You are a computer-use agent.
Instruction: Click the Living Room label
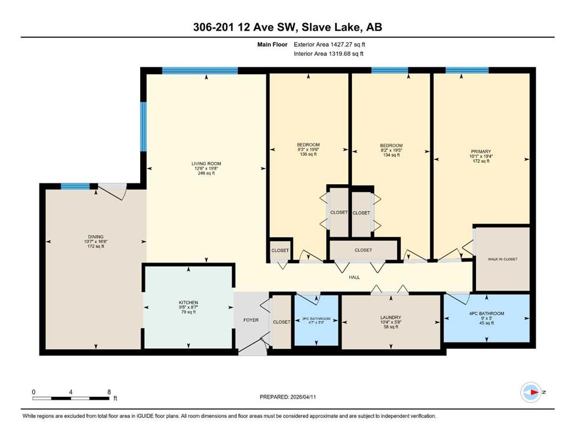point(206,163)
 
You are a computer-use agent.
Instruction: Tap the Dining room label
point(96,236)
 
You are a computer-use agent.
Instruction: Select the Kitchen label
point(189,302)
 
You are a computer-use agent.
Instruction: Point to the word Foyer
point(251,320)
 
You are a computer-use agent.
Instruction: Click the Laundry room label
point(390,318)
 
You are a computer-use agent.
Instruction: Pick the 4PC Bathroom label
point(486,313)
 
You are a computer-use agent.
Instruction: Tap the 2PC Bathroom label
point(316,319)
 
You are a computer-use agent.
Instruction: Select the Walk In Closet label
point(503,259)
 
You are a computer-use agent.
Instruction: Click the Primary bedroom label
point(481,151)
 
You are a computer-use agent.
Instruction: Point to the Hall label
point(354,278)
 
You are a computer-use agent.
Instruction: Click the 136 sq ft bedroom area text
point(308,155)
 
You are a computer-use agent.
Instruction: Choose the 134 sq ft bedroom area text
point(391,155)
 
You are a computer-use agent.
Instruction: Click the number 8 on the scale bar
point(109,392)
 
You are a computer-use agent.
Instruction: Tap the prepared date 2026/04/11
point(302,397)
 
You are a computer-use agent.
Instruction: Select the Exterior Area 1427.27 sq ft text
point(329,45)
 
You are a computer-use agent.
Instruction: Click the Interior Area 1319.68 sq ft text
point(328,53)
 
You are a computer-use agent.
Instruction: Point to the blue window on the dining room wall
point(75,187)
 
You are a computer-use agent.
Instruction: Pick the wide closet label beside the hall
point(364,250)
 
